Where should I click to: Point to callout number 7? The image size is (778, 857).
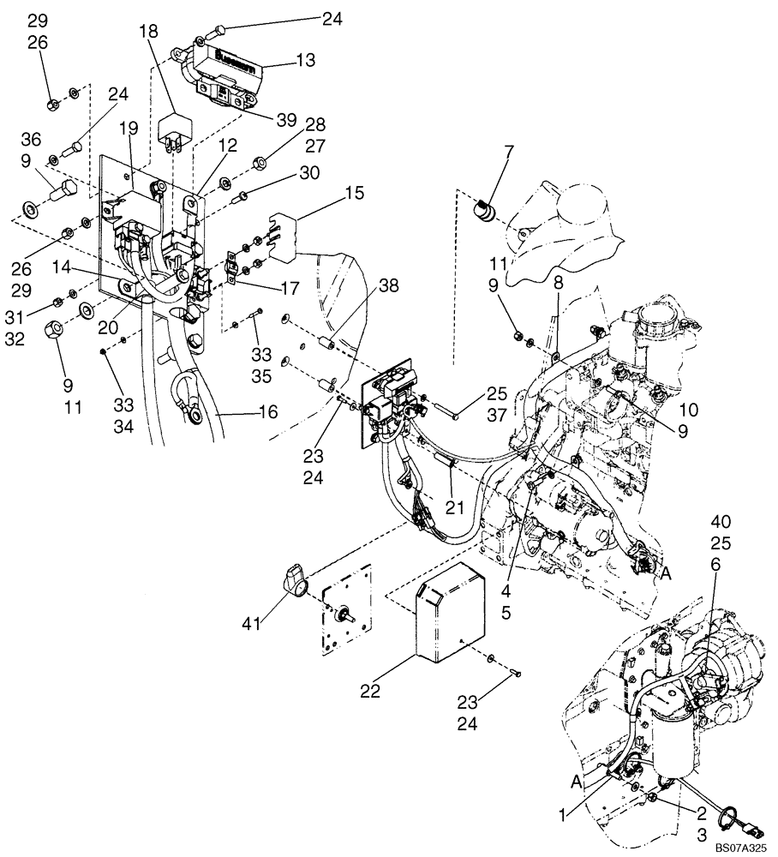pos(508,154)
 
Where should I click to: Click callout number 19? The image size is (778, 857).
pos(129,129)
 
